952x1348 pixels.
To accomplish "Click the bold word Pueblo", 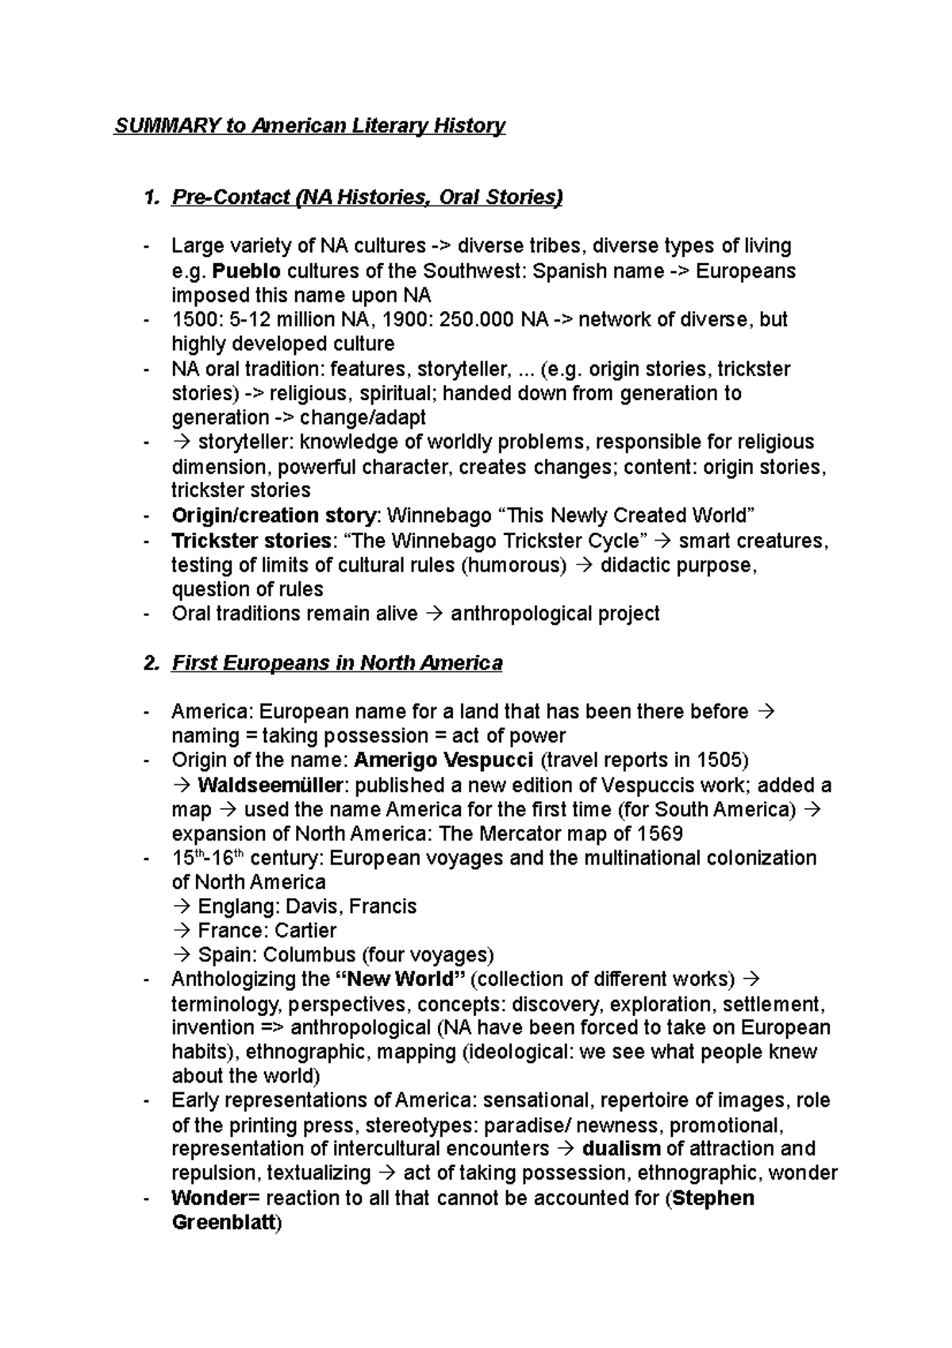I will (x=247, y=272).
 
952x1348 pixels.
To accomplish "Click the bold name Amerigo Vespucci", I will (x=443, y=761).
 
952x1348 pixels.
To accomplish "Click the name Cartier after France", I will (x=305, y=930).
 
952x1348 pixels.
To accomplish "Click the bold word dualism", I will (x=621, y=1150).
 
